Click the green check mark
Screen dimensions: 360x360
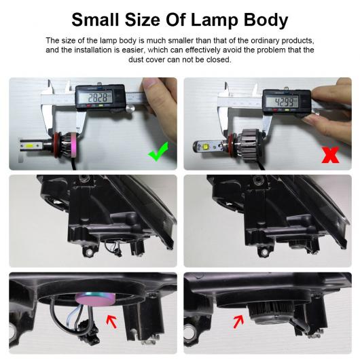158,152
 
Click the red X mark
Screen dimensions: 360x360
330,155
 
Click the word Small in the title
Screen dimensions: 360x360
96,20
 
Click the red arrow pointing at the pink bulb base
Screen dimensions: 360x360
111,321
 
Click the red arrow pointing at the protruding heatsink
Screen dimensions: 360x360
238,321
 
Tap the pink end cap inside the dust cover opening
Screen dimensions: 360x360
94,298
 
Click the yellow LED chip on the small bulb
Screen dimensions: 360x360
32,145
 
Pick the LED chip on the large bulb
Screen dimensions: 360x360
206,145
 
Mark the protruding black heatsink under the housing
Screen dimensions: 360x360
271,312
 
